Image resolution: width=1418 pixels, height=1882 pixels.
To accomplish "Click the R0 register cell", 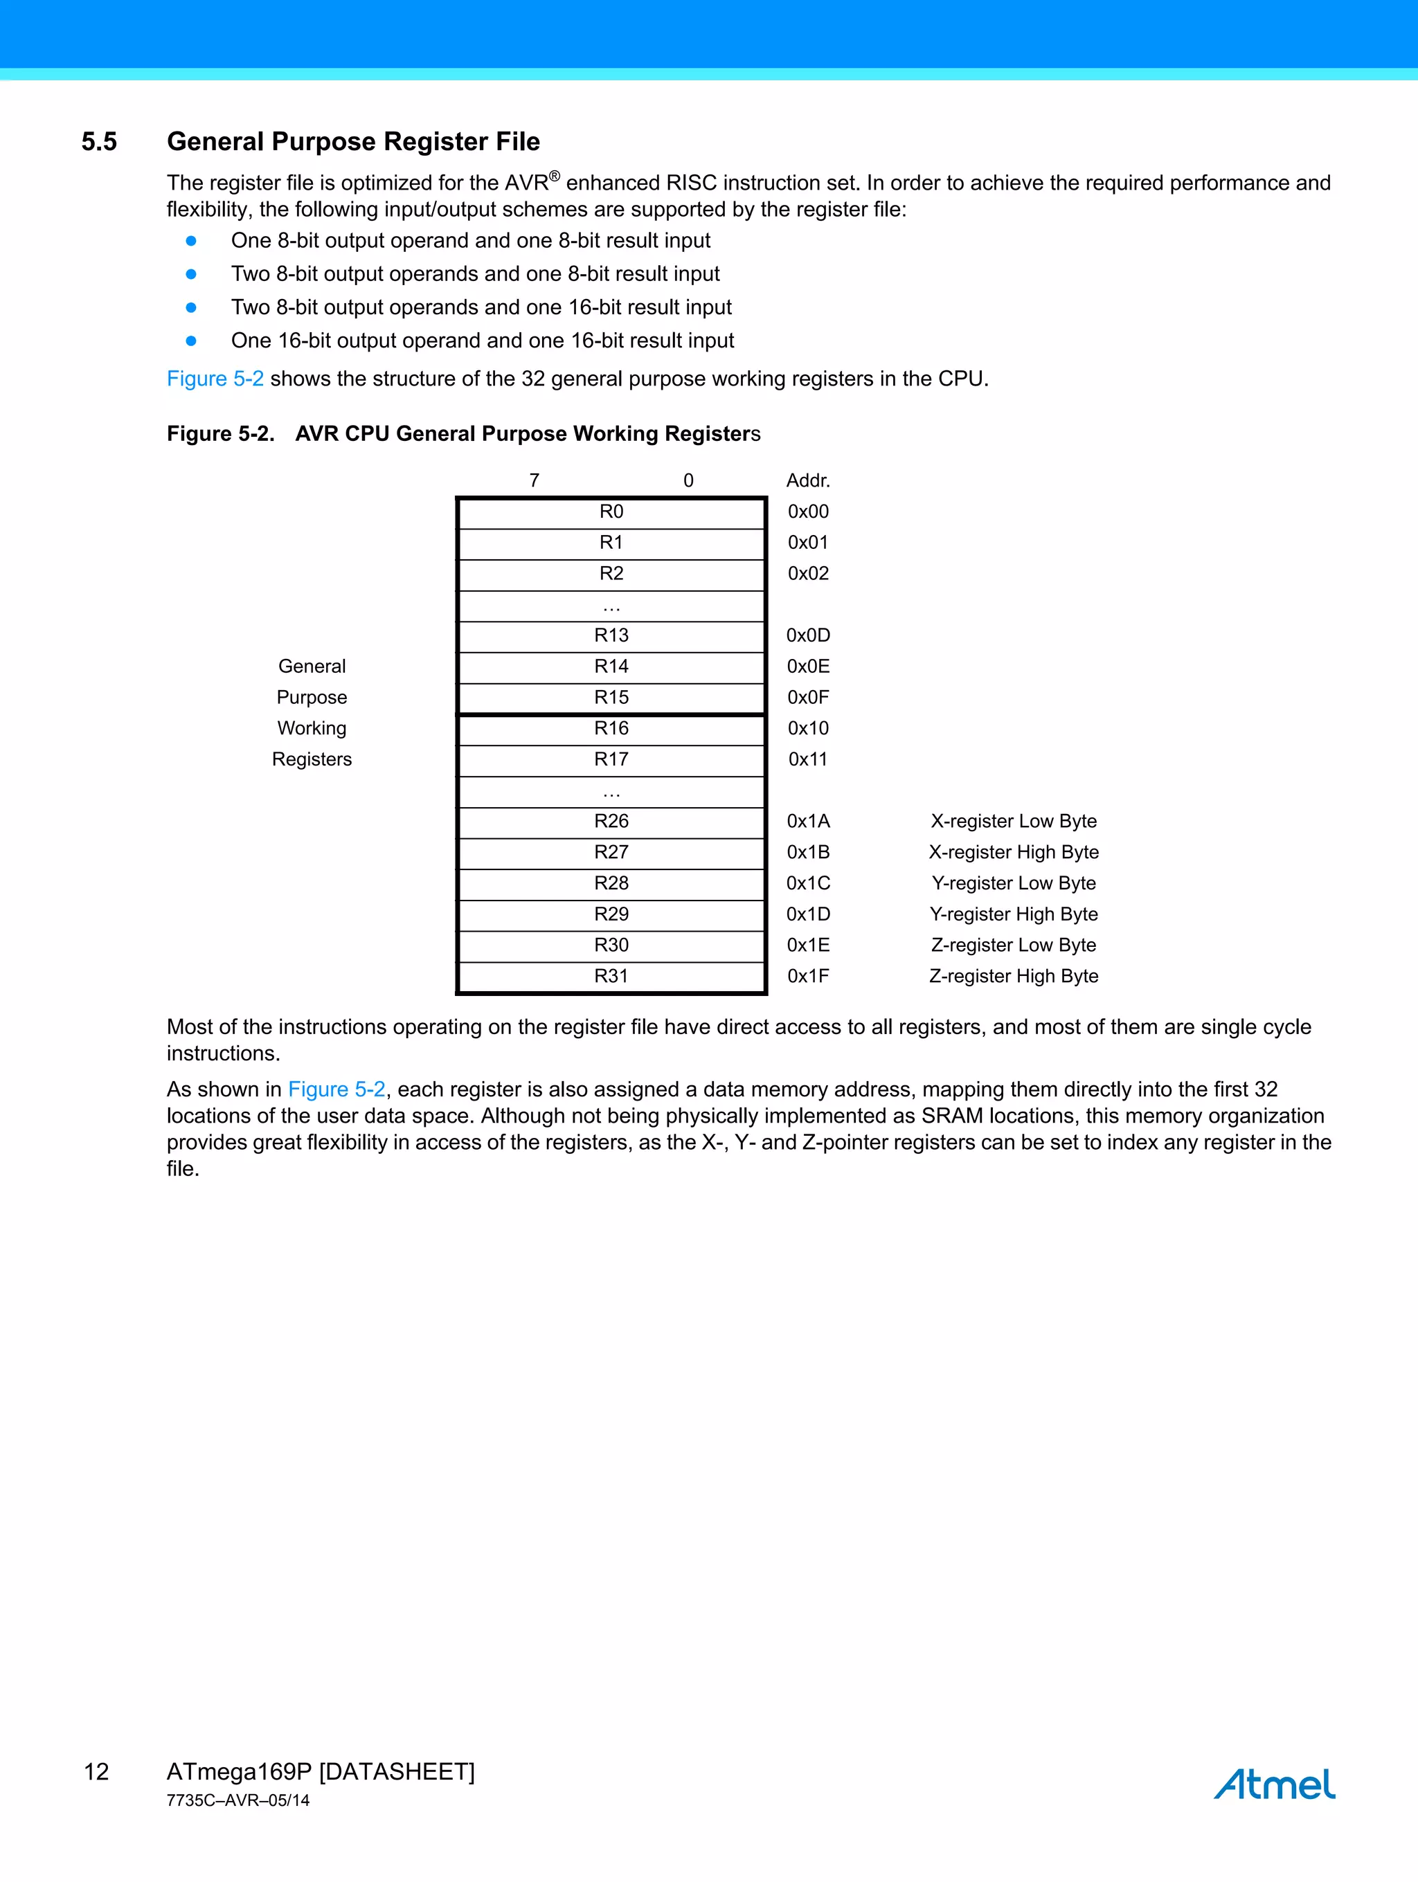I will (611, 512).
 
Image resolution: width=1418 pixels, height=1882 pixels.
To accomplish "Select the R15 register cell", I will (611, 698).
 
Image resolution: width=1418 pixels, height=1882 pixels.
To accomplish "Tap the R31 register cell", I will (611, 977).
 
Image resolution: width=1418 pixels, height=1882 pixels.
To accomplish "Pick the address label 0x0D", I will (808, 635).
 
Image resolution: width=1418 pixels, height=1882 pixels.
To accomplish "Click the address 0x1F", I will (808, 977).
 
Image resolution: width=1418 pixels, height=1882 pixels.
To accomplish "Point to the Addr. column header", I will (808, 481).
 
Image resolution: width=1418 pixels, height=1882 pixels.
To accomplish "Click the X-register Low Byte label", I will (1013, 822).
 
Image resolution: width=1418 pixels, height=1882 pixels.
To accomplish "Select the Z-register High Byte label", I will (1013, 977).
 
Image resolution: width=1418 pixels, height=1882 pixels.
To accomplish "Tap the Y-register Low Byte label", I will (1013, 884).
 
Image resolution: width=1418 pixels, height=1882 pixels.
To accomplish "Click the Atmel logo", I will (1274, 1784).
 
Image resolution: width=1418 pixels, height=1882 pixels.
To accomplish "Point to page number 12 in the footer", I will (96, 1772).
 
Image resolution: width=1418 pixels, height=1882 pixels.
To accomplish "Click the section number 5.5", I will (99, 142).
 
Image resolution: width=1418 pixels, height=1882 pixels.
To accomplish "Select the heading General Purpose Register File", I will (353, 142).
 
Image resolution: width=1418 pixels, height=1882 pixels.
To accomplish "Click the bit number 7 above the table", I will (535, 481).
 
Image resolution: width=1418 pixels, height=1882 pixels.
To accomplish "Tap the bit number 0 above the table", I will (688, 481).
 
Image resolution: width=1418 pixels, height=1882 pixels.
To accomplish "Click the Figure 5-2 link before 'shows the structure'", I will (215, 379).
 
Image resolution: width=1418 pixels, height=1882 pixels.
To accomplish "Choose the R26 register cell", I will (611, 822).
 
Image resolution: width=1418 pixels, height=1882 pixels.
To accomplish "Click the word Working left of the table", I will (312, 729).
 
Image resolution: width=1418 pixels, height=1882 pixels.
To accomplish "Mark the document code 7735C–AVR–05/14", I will (238, 1800).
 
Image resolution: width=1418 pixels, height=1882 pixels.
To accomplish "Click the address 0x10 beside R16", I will (808, 729).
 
